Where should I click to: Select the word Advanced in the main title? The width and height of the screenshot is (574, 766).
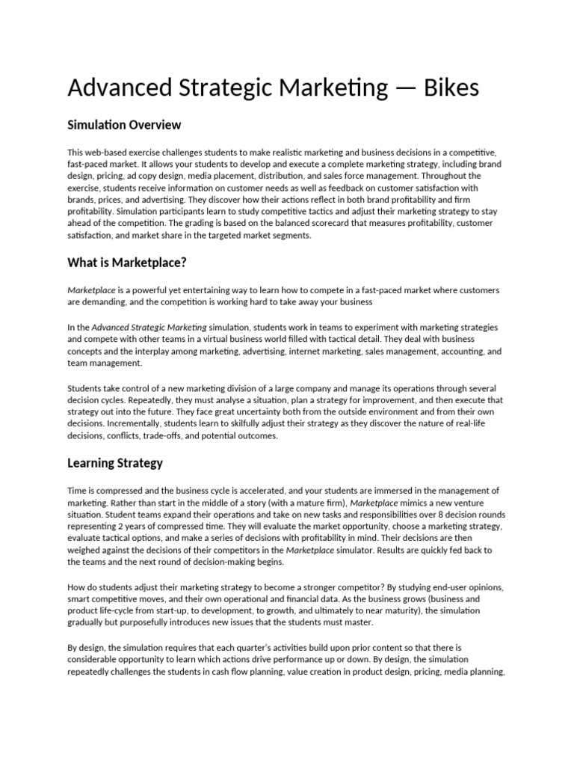pyautogui.click(x=114, y=88)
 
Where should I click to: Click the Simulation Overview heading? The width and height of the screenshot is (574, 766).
pyautogui.click(x=124, y=124)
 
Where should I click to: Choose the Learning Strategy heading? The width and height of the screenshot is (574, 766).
pyautogui.click(x=115, y=462)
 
